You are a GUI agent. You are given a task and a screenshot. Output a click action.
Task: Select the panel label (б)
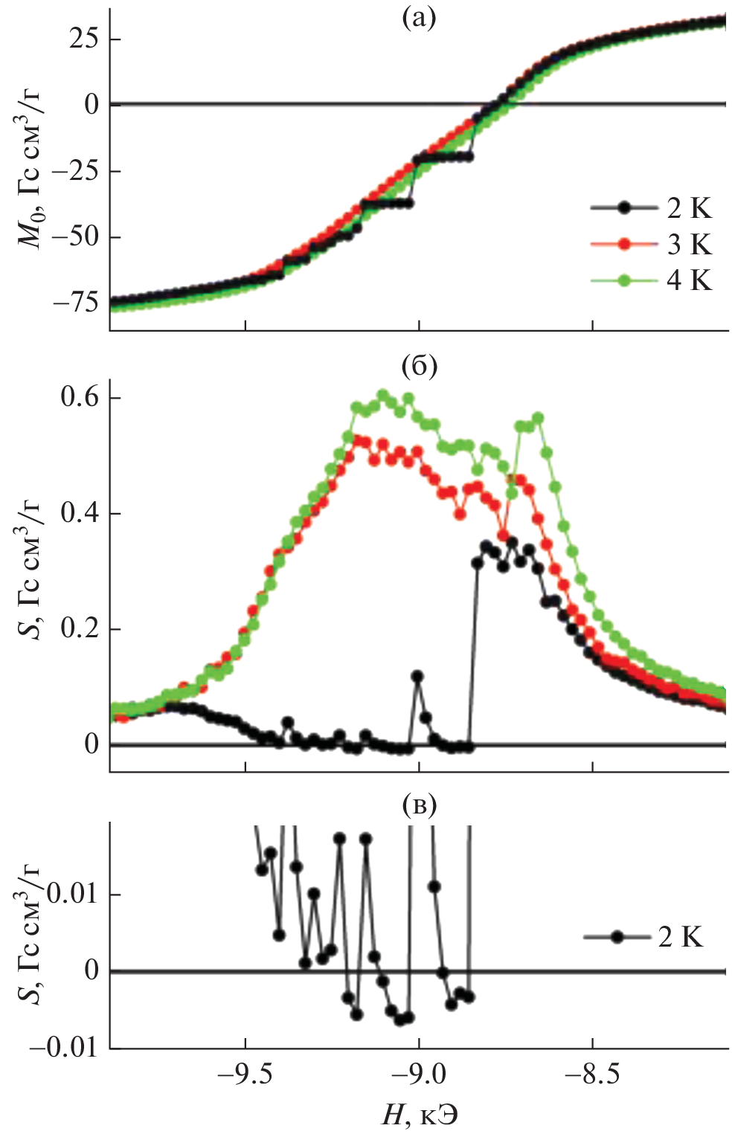pos(418,366)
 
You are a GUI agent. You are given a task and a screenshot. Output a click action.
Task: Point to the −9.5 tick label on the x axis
pos(245,1075)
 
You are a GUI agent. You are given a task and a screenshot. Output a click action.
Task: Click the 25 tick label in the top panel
pos(83,39)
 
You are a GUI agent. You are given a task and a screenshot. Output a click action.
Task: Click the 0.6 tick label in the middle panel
pos(80,398)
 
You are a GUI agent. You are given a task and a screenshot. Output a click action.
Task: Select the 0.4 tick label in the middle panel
pos(80,514)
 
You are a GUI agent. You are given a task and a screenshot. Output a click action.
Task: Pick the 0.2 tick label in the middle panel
pos(80,629)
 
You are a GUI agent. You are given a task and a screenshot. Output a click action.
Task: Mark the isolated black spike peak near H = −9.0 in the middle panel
pos(417,676)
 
